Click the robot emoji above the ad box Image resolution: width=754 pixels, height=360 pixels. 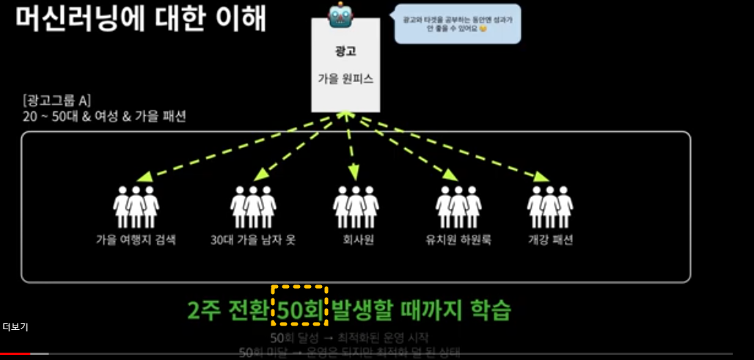click(343, 15)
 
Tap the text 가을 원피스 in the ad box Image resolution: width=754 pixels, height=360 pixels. click(345, 78)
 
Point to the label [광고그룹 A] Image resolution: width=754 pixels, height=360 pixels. click(56, 100)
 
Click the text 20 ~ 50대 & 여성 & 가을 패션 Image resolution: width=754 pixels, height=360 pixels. click(104, 116)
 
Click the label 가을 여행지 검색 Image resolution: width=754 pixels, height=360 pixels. click(136, 240)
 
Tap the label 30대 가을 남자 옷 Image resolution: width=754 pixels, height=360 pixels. click(253, 240)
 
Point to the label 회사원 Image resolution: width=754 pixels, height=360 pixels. click(358, 240)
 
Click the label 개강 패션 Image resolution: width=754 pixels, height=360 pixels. click(550, 240)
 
